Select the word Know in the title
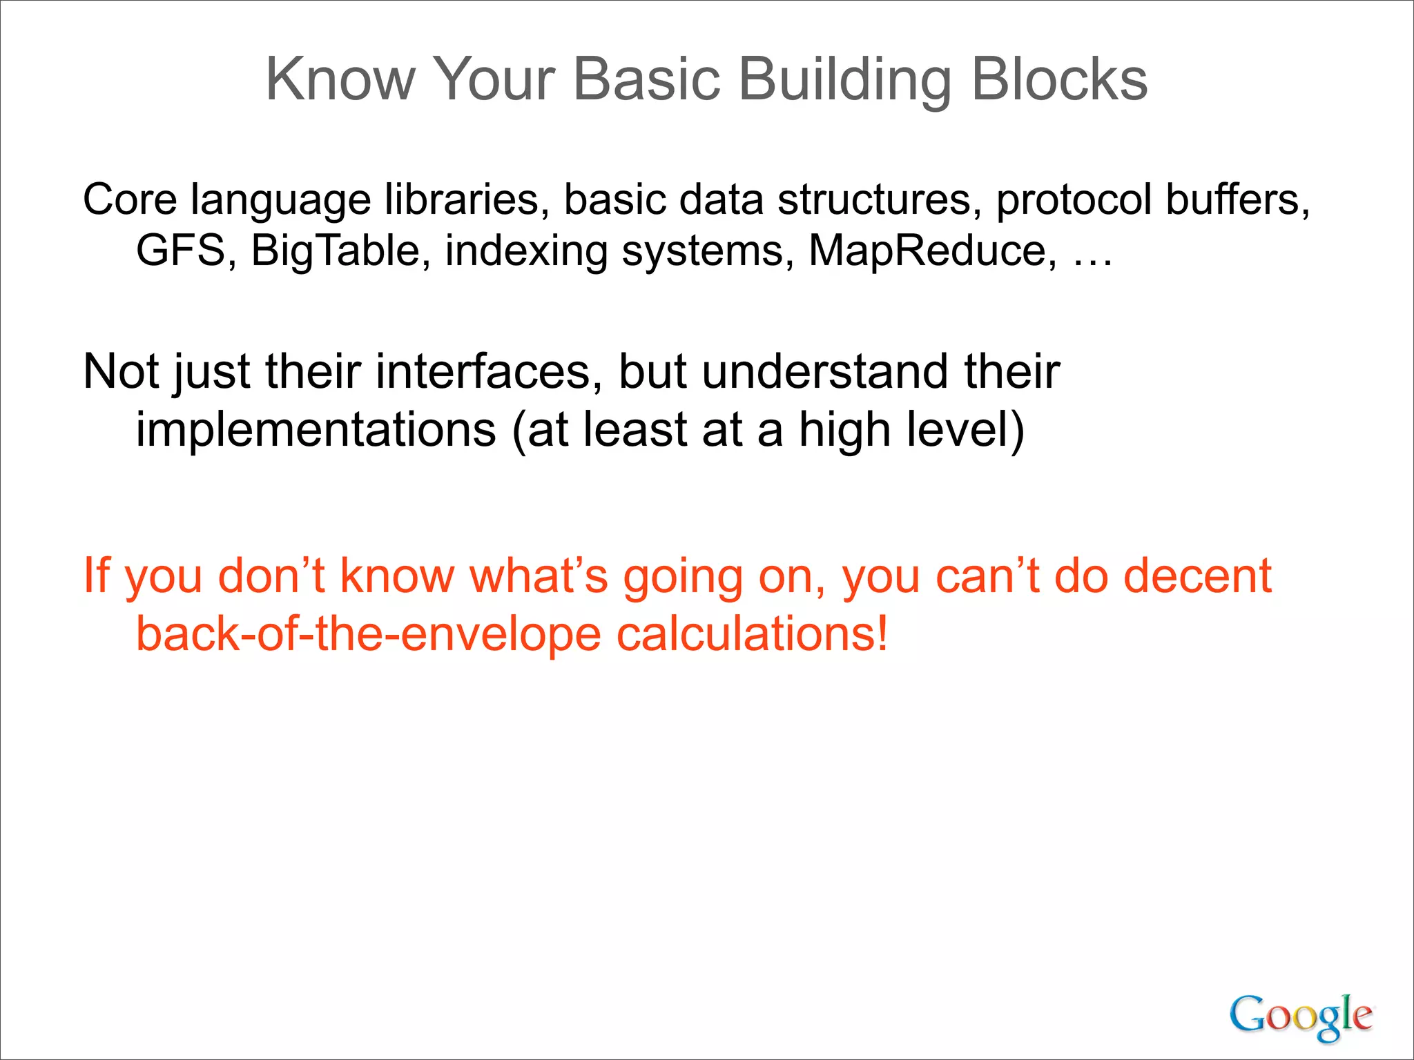(x=340, y=80)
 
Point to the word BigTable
(x=336, y=251)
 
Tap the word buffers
(x=1237, y=200)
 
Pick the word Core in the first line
(x=130, y=200)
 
